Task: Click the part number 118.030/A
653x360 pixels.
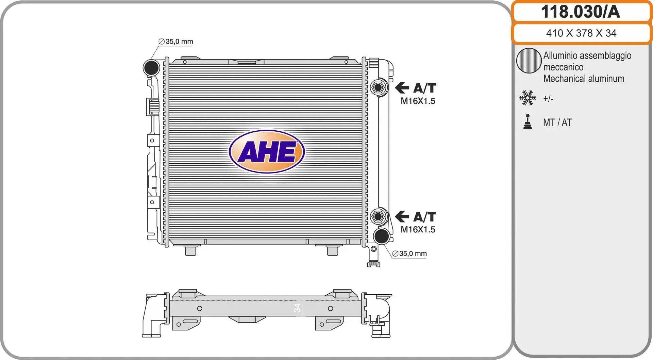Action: (581, 12)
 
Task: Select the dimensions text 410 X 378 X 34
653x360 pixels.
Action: (581, 33)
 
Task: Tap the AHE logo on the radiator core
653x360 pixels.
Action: (267, 151)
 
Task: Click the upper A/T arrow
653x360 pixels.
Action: (402, 88)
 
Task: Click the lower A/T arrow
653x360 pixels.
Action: (402, 216)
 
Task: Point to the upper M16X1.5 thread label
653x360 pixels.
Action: (418, 101)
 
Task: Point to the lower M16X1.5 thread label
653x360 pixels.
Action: (418, 230)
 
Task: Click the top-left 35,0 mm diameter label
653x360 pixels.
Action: (176, 42)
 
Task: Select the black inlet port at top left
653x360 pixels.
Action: (151, 68)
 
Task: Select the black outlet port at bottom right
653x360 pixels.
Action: (382, 236)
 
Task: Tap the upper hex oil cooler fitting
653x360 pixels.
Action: (378, 87)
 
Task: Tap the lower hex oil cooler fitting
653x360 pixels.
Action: (378, 216)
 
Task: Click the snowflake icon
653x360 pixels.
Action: (528, 98)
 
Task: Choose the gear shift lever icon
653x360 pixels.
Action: (528, 122)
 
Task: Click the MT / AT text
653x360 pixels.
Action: (557, 122)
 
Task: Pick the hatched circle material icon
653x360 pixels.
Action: (529, 61)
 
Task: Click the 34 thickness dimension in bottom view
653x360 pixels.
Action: (297, 308)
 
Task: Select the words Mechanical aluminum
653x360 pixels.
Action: (584, 79)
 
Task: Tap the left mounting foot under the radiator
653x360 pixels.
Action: (190, 251)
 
